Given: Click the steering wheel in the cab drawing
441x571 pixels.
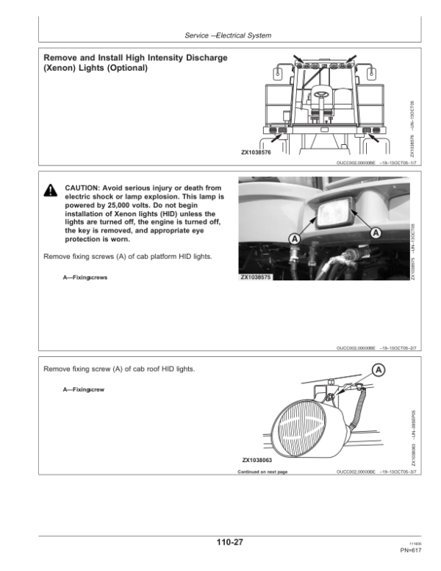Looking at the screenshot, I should point(321,93).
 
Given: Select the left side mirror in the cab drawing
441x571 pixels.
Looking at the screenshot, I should point(279,73).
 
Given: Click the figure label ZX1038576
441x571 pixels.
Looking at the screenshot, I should point(257,152).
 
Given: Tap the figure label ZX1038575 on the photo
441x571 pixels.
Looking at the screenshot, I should point(257,277).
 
